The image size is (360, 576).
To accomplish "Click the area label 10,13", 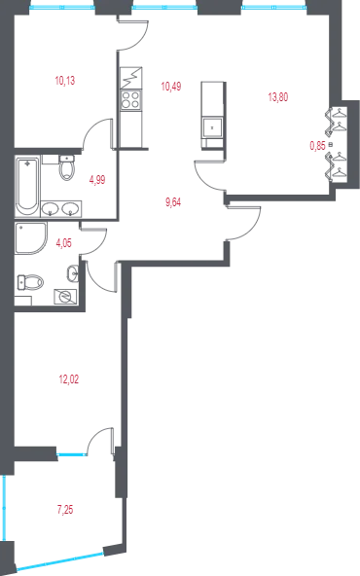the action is tap(65, 81).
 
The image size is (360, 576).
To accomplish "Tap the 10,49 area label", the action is tap(171, 87).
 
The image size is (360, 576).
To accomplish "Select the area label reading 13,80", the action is tap(278, 97).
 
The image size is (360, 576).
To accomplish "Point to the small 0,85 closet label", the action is tap(318, 146).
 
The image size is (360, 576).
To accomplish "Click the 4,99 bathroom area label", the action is tap(97, 180).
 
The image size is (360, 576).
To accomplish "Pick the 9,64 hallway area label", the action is tap(173, 202).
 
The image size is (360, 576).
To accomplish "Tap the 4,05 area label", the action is tap(63, 243).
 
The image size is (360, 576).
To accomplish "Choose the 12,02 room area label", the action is tap(69, 379).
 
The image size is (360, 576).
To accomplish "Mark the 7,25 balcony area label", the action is tap(65, 510).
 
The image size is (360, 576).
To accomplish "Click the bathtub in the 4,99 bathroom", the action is tap(27, 187).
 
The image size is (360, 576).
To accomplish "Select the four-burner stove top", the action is tap(131, 99).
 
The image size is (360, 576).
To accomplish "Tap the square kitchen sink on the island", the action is tap(212, 127).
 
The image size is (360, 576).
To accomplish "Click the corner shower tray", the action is tap(31, 238).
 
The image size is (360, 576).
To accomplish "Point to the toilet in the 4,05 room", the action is tap(30, 282).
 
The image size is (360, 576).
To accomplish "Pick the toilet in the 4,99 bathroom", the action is tap(67, 168).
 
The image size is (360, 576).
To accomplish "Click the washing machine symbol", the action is tap(65, 296).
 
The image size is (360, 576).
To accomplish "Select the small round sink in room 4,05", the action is tap(73, 273).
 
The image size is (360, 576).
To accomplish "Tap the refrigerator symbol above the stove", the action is tap(131, 78).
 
